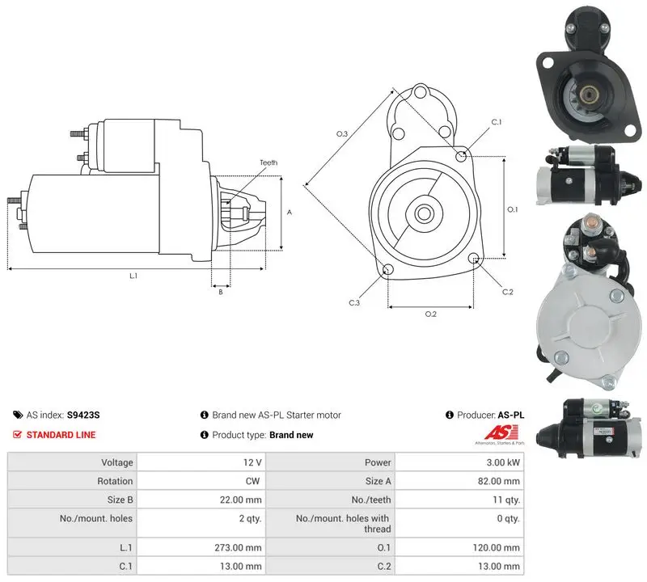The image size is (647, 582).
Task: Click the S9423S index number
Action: [x=83, y=415]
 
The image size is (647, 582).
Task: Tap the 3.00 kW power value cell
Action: [x=503, y=462]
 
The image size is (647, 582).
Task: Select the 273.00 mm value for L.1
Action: [x=238, y=548]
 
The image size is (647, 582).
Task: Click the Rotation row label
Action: [x=115, y=481]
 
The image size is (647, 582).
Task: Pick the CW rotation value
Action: [x=253, y=481]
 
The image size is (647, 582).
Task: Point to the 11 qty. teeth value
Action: [x=506, y=500]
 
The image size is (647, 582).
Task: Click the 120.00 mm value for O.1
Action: [x=497, y=548]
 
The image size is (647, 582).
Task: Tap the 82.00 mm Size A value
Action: [x=499, y=481]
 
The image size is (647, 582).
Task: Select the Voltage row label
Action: [x=117, y=462]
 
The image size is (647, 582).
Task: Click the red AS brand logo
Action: [x=501, y=433]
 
